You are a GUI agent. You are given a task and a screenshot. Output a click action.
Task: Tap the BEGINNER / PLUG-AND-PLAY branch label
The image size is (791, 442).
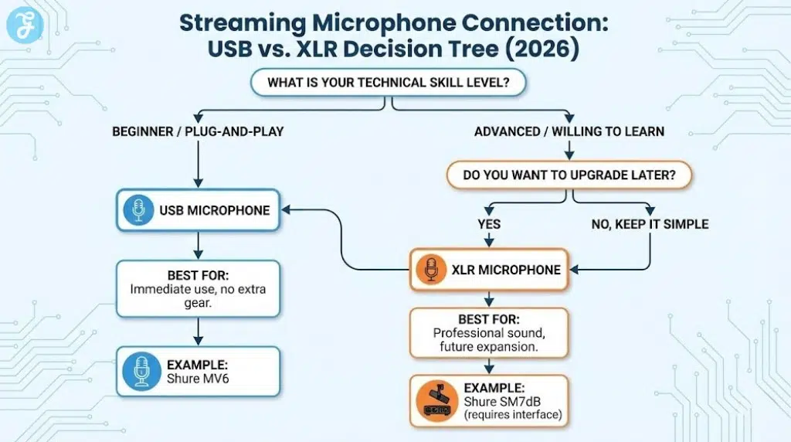pos(198,131)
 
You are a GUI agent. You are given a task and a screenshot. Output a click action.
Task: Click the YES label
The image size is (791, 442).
pos(489,224)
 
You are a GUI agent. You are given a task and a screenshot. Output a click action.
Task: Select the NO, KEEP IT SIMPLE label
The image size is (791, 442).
pos(648,224)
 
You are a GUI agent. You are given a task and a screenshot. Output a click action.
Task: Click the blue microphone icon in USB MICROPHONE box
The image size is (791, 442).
pos(140,210)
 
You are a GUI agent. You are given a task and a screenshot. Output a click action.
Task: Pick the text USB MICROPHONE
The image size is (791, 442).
pos(214,210)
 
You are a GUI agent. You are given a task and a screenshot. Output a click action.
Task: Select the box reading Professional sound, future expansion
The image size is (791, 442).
pos(488,332)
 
